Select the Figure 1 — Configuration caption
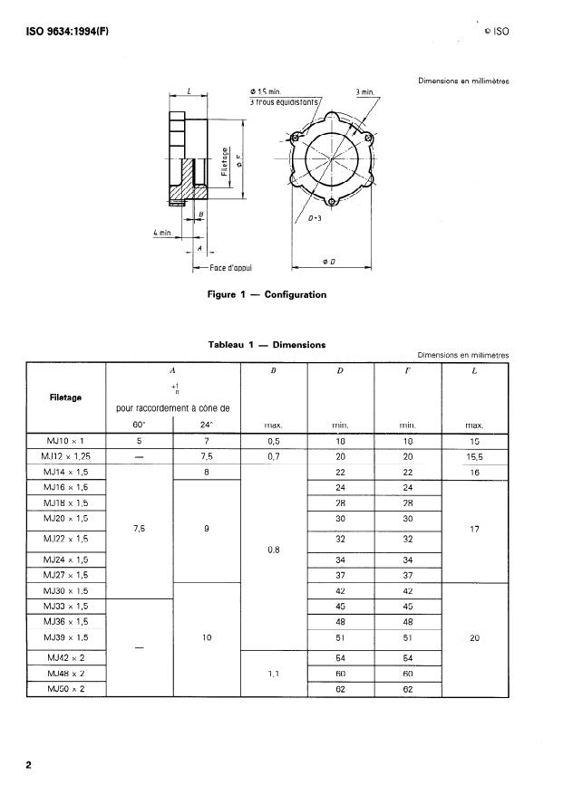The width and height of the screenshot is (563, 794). tap(267, 294)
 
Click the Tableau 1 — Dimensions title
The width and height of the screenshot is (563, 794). tap(267, 344)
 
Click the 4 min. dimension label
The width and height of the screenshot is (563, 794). tap(163, 233)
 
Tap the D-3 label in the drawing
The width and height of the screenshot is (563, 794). tap(314, 218)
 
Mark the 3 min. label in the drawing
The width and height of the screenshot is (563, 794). tap(366, 91)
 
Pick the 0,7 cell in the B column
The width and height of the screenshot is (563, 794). tap(274, 456)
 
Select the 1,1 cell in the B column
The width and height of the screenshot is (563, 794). tap(274, 674)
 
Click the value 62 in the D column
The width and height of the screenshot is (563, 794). tap(342, 689)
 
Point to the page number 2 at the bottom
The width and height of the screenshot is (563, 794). tap(28, 766)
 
